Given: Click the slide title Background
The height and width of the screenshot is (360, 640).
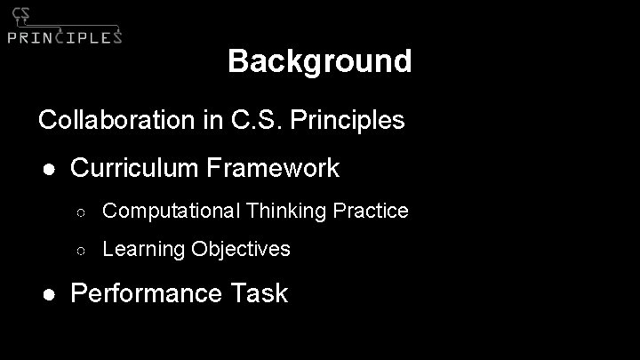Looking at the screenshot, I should click(x=319, y=61).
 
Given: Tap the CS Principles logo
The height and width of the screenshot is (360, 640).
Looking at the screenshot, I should click(x=64, y=26).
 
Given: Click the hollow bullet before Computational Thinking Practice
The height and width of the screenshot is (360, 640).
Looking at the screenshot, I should click(x=79, y=212).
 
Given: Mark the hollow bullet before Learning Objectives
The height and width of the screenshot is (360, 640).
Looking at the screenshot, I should click(x=79, y=250).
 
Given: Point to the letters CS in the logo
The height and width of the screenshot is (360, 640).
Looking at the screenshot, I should click(x=20, y=14).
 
